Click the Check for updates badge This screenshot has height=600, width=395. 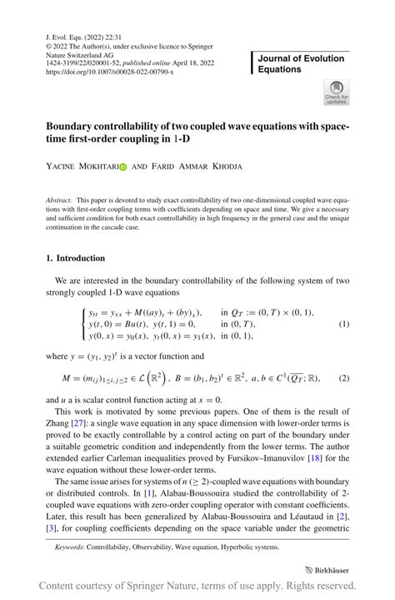(337, 92)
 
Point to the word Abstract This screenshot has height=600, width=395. (59, 201)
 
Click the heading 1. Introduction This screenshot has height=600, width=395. (75, 258)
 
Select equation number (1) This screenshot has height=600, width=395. (343, 324)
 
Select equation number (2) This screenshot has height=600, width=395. (343, 379)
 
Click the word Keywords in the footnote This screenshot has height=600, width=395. (71, 547)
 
